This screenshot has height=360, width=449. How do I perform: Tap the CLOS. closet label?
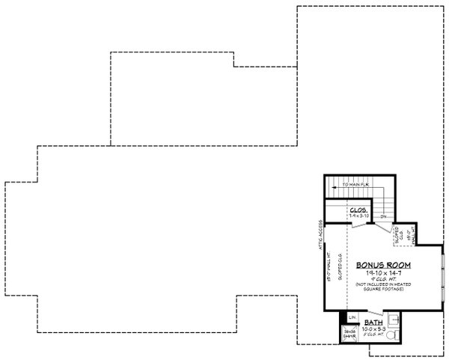357,210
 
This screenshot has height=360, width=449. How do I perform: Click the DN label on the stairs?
382,217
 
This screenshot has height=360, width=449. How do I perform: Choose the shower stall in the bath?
349,335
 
